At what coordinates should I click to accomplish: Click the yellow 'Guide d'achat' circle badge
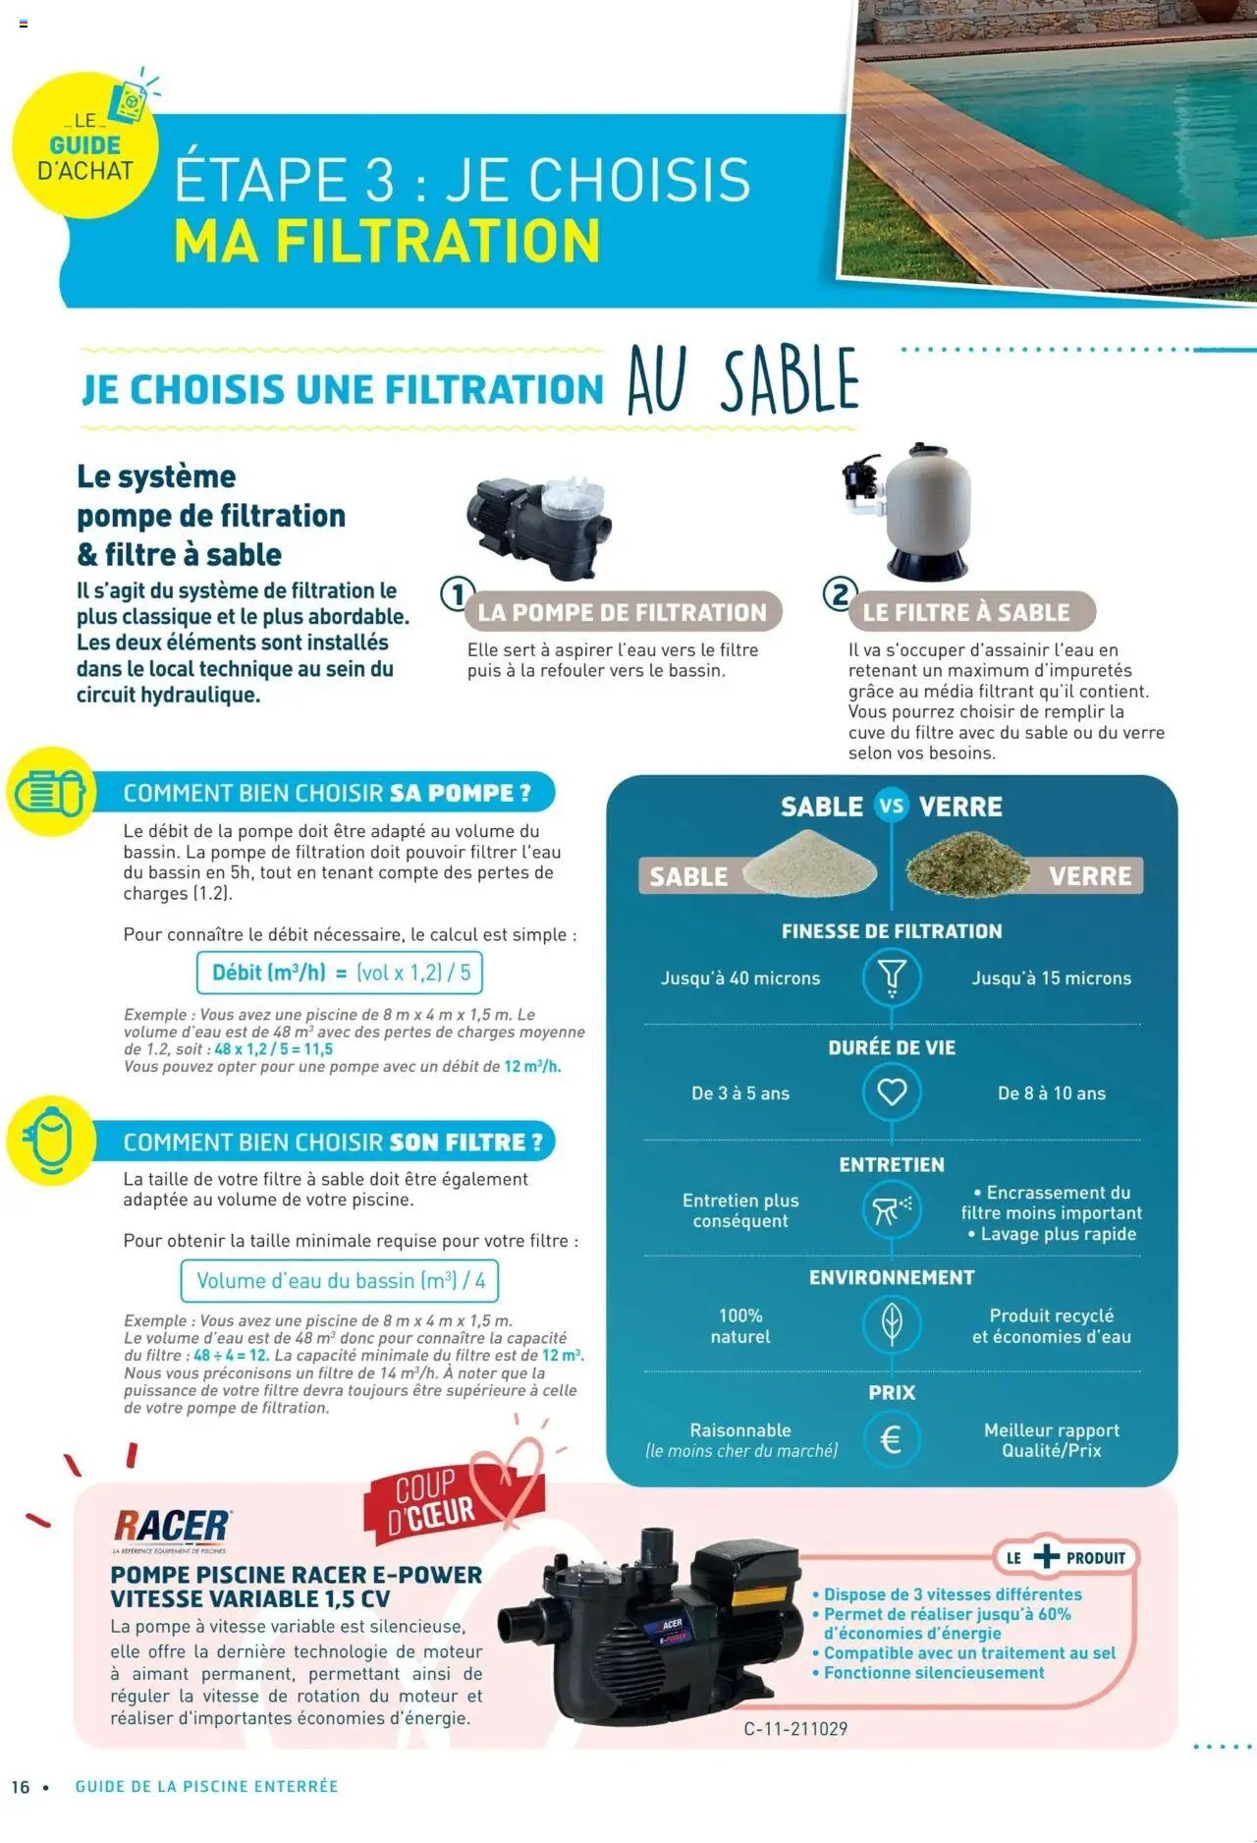click(84, 147)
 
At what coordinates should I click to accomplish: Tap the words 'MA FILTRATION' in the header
click(386, 242)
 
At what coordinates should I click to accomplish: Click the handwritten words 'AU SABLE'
click(742, 381)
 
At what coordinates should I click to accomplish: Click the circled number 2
click(839, 594)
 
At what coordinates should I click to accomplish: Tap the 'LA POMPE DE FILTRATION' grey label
click(622, 612)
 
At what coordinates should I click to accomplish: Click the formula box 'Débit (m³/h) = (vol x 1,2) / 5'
click(340, 973)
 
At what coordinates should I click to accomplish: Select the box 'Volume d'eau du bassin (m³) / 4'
click(340, 1281)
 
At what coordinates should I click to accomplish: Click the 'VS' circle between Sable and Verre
click(891, 807)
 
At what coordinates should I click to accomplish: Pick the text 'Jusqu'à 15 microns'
click(1051, 978)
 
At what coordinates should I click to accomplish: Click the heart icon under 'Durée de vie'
click(891, 1092)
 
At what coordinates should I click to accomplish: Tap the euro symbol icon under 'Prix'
click(891, 1439)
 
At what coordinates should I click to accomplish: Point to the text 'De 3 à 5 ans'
click(740, 1093)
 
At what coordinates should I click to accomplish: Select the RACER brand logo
click(172, 1527)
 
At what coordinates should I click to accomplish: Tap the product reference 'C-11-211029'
click(795, 1729)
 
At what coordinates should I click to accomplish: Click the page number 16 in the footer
click(21, 1787)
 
